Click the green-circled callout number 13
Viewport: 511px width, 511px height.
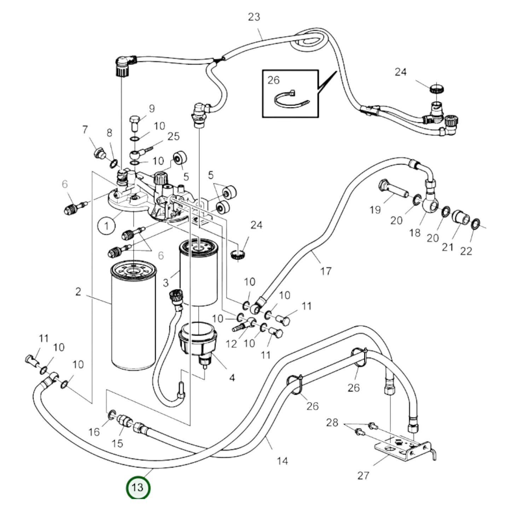(138, 488)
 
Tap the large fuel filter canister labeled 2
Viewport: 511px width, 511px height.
(133, 318)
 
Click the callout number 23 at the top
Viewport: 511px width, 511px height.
(254, 17)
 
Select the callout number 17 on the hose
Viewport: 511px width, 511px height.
(326, 271)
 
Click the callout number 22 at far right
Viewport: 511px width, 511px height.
(466, 251)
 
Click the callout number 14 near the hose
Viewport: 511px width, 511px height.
(282, 461)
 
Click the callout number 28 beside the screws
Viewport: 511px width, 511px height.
(332, 422)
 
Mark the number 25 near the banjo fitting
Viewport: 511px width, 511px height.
(173, 136)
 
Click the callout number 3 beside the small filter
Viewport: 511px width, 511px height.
(166, 283)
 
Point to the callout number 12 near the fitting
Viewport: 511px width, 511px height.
(231, 343)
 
